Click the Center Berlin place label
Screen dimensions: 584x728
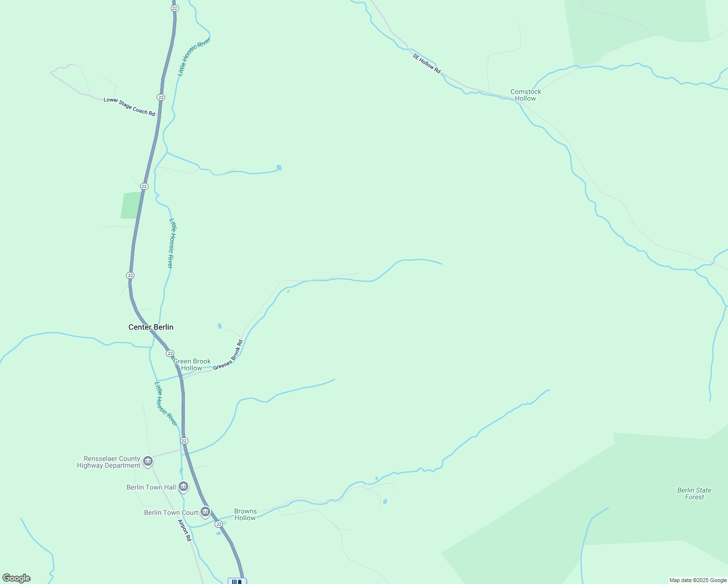tap(151, 327)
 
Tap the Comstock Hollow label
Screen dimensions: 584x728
tap(526, 95)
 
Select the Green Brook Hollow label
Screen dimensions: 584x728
tap(192, 365)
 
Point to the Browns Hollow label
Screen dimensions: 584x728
tap(245, 514)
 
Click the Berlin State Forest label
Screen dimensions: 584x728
tap(694, 493)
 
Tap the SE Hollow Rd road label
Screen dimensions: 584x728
tap(427, 64)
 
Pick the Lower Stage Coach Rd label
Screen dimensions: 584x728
tap(129, 107)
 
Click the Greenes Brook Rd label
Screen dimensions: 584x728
tap(228, 355)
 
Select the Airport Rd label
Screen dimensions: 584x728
tap(184, 531)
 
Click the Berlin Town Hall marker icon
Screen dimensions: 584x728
tap(183, 486)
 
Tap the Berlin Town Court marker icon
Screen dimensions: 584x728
tap(205, 512)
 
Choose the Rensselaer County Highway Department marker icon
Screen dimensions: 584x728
tap(148, 461)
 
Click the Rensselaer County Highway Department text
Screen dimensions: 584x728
tap(109, 462)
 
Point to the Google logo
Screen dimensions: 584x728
tap(16, 578)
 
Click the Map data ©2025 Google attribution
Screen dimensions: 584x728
tap(698, 580)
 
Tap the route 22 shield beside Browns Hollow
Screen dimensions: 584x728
tap(219, 524)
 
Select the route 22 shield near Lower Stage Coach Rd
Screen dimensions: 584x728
tap(161, 97)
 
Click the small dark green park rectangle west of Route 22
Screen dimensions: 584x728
tap(130, 205)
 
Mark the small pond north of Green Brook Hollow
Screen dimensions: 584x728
tap(219, 326)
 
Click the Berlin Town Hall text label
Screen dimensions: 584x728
tap(151, 487)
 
